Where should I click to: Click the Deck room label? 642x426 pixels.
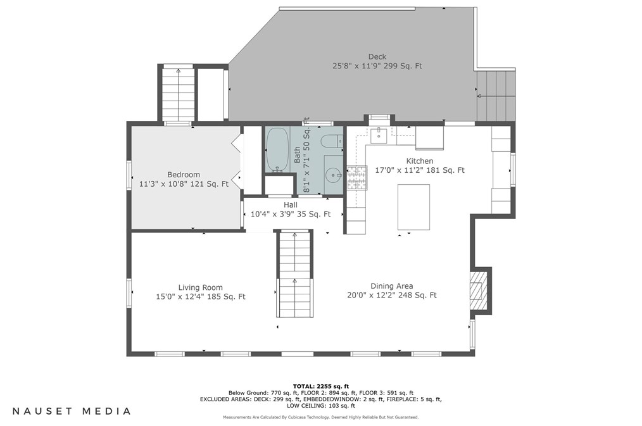[x=377, y=56]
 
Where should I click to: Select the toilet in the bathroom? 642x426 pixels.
[x=332, y=142]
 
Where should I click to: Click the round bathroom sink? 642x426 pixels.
[x=333, y=176]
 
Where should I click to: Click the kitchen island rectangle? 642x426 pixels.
[x=413, y=207]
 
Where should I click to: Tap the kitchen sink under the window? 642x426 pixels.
[x=379, y=135]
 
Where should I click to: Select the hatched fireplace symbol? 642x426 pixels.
[x=476, y=291]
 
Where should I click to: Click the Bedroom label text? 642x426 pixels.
[x=184, y=175]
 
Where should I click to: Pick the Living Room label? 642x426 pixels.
[x=200, y=287]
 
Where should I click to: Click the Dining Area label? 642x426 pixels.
[x=392, y=286]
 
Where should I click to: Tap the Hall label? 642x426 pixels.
[x=291, y=204]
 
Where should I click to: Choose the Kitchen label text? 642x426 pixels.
[x=420, y=161]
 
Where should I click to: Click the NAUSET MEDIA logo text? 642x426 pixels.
[x=72, y=411]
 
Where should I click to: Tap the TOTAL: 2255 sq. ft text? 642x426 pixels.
[x=321, y=386]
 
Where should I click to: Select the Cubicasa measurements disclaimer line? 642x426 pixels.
[x=320, y=417]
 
